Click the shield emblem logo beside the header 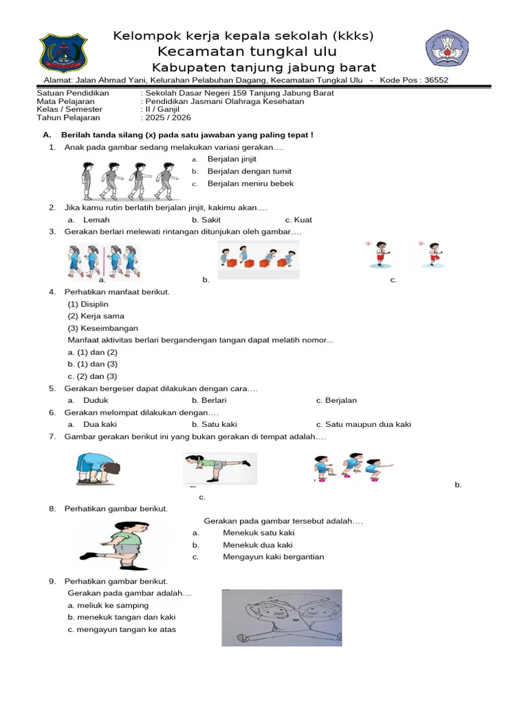pos(63,53)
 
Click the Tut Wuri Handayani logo pos(447,48)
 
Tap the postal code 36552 pos(436,80)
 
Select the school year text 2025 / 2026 pos(168,118)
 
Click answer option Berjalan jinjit pos(232,159)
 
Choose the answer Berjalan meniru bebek pos(250,184)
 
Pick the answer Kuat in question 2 pos(303,220)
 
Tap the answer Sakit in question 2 pos(211,220)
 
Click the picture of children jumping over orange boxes pos(258,259)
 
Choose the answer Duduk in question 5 pos(96,401)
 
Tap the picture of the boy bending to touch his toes pos(98,469)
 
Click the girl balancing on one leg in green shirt pos(220,468)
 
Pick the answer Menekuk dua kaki pos(258,545)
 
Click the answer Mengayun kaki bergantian pos(274,557)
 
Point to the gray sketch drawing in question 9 pos(282,618)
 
